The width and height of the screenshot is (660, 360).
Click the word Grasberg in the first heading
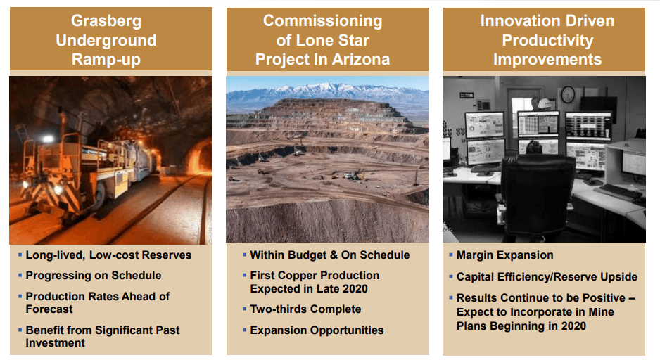106,21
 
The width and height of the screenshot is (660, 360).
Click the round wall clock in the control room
567,95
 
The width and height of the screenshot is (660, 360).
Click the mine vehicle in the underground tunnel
87,168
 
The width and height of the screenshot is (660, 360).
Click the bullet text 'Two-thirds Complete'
305,309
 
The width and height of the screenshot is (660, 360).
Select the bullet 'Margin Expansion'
504,255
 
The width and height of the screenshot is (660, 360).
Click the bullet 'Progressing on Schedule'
94,276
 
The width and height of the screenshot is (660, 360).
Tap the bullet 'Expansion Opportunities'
317,330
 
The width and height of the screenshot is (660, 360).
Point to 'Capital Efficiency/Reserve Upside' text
547,277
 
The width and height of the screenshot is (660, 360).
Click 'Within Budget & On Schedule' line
329,255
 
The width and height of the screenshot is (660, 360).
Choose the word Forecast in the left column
49,309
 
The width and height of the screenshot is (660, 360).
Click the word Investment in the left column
55,342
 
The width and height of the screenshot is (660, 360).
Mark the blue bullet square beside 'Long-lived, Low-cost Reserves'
20,255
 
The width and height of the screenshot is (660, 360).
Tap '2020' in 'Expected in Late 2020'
355,288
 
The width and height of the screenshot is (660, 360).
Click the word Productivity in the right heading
547,40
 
